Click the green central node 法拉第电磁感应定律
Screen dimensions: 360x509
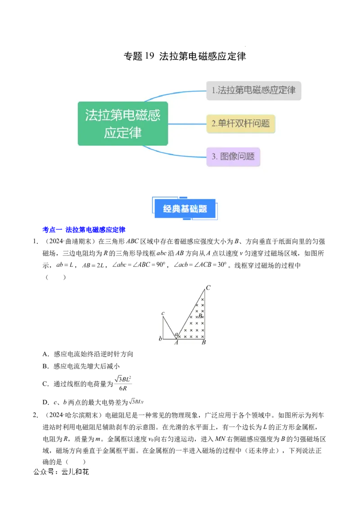(123, 124)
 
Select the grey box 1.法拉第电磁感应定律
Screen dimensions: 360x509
(254, 90)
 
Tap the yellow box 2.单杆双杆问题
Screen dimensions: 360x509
(241, 123)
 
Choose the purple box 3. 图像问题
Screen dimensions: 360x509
(233, 156)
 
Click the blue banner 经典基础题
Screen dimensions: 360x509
(185, 209)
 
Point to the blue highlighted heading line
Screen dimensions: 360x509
(83, 230)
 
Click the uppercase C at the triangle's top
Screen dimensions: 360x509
(208, 287)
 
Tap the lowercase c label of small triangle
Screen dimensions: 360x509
(163, 313)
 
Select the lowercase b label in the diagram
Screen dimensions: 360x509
(160, 338)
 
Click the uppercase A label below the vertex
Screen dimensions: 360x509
(176, 343)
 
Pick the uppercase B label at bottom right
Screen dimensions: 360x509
(203, 343)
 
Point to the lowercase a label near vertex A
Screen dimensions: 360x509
(176, 334)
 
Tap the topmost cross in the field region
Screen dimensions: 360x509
(202, 299)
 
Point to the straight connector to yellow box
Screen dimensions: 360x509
(187, 124)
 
